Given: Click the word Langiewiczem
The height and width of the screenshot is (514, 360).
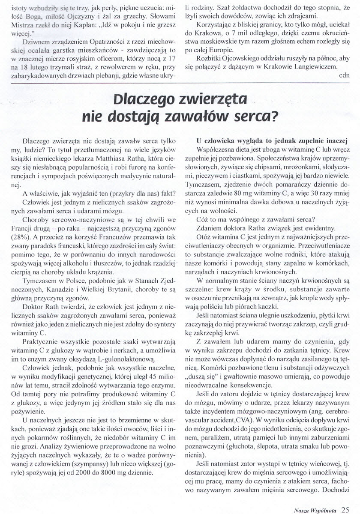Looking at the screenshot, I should coord(318,66).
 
